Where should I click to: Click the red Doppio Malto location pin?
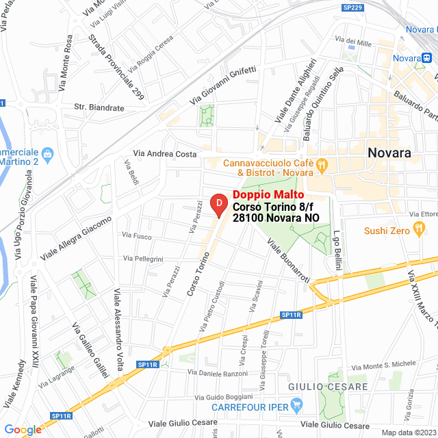(x=218, y=205)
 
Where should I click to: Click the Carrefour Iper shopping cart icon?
(x=296, y=406)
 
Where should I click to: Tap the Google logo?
(x=23, y=429)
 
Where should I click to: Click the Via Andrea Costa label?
(x=165, y=154)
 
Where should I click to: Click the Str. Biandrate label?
(x=99, y=107)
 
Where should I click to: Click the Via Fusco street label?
(x=136, y=236)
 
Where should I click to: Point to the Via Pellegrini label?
(x=142, y=259)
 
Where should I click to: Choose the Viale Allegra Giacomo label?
(x=75, y=237)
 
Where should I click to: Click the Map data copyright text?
(x=409, y=433)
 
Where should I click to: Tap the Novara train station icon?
(x=426, y=58)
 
